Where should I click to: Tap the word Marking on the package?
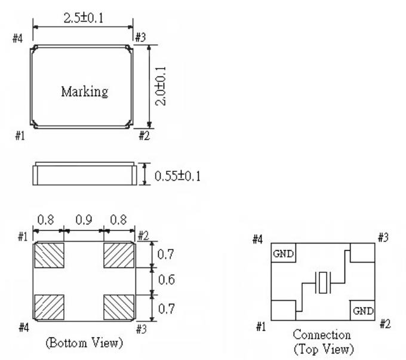pyautogui.click(x=85, y=92)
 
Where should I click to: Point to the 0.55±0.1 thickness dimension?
pyautogui.click(x=177, y=177)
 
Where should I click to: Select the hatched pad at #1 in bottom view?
pyautogui.click(x=49, y=256)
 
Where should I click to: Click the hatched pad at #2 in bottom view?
pyautogui.click(x=118, y=256)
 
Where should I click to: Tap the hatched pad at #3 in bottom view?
pyautogui.click(x=118, y=307)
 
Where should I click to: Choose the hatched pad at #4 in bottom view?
pyautogui.click(x=49, y=307)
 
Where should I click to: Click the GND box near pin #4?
pyautogui.click(x=282, y=253)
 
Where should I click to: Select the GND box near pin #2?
pyautogui.click(x=362, y=311)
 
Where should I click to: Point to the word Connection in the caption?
pyautogui.click(x=322, y=335)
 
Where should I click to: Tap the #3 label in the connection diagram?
pyautogui.click(x=384, y=238)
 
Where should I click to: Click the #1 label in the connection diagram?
pyautogui.click(x=262, y=327)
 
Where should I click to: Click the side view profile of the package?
pyautogui.click(x=84, y=175)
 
